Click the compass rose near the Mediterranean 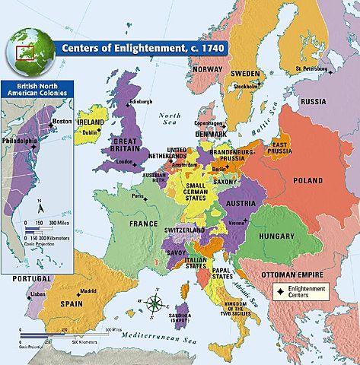pyautogui.click(x=155, y=303)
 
